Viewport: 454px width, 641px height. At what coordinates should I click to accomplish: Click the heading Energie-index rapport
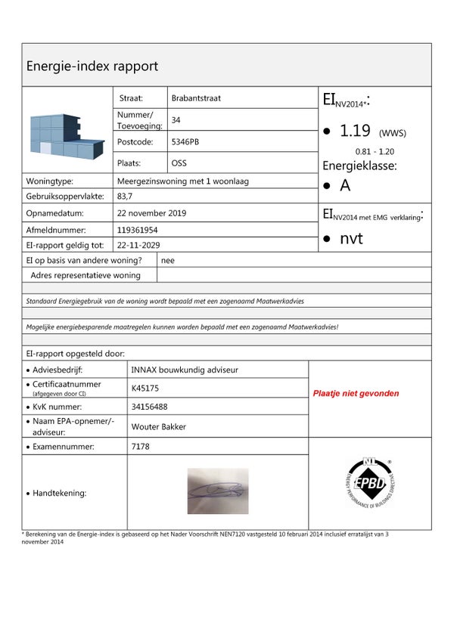(x=92, y=66)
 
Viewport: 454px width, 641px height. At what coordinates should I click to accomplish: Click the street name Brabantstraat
(x=196, y=98)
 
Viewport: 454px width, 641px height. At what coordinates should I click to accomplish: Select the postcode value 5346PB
(x=186, y=141)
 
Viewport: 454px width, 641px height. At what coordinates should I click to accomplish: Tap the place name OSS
(x=179, y=163)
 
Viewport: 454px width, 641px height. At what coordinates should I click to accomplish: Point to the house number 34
(x=176, y=120)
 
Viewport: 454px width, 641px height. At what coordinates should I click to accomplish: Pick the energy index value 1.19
(x=355, y=131)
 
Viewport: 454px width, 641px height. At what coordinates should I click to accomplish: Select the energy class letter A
(x=345, y=186)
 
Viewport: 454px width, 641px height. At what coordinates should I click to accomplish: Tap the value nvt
(x=351, y=239)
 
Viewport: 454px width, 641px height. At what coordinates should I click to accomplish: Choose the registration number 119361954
(x=137, y=230)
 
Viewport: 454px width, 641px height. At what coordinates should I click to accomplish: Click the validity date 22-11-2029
(x=138, y=245)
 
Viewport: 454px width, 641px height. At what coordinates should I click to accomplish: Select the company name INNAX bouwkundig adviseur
(x=185, y=370)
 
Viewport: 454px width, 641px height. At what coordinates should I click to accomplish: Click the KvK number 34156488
(x=150, y=407)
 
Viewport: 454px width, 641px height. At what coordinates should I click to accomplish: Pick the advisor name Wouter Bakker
(x=158, y=426)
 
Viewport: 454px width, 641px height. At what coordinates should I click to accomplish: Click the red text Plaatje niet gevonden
(x=356, y=393)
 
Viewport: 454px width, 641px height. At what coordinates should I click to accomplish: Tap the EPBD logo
(x=369, y=482)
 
